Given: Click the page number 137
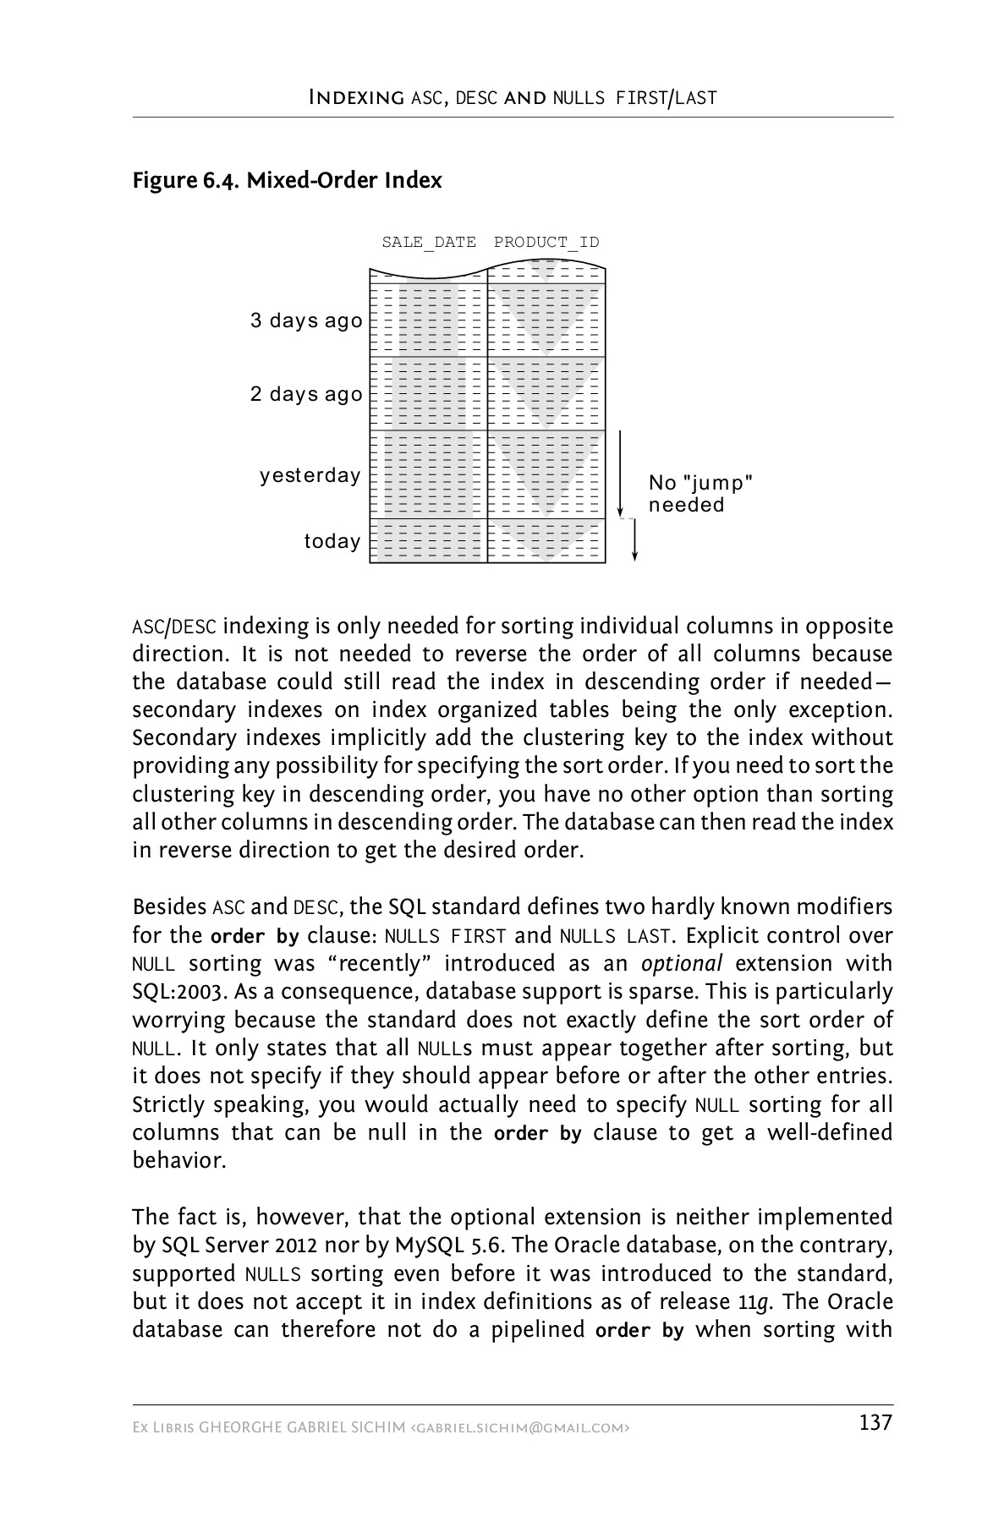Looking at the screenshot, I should [875, 1423].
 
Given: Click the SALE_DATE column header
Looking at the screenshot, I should [429, 243].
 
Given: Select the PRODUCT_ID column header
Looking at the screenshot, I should [546, 243].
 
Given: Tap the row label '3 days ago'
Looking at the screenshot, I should [306, 321].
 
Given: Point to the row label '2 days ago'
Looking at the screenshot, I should [306, 395].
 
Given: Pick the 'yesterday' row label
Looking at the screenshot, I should [310, 476].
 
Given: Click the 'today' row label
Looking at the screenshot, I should [332, 541].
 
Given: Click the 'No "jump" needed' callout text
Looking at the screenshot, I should [699, 494].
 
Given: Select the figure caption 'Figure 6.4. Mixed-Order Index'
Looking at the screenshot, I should [287, 181].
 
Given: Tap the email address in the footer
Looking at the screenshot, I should [519, 1428].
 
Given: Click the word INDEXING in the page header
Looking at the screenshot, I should [356, 97].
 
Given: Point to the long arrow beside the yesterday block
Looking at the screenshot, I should [620, 474].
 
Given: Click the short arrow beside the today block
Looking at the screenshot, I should [634, 541].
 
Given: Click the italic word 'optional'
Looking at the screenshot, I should [682, 964].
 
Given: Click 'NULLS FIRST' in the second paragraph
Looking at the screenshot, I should [445, 936].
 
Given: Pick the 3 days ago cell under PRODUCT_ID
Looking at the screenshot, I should [546, 320].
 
